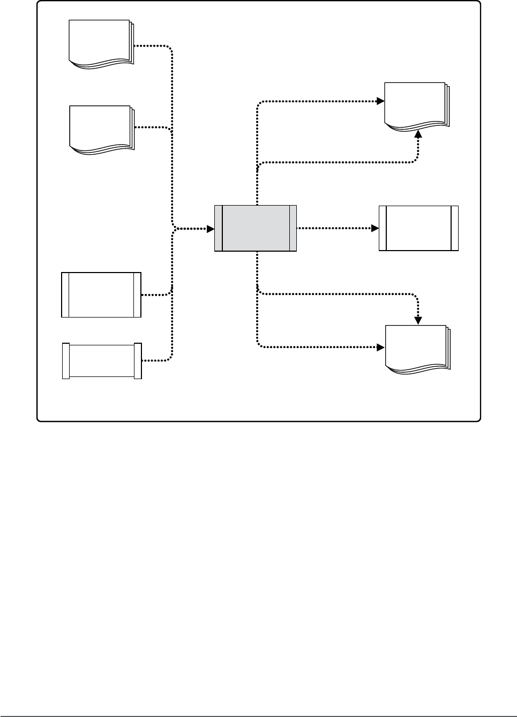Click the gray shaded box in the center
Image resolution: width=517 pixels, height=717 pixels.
pyautogui.click(x=256, y=228)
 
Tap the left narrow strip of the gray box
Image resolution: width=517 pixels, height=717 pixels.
pyautogui.click(x=218, y=228)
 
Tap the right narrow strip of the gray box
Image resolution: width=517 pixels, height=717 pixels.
pyautogui.click(x=293, y=228)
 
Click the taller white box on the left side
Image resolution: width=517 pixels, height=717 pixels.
pyautogui.click(x=101, y=295)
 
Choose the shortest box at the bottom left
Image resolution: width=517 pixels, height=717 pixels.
pyautogui.click(x=102, y=361)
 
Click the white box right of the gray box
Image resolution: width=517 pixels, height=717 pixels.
pyautogui.click(x=418, y=228)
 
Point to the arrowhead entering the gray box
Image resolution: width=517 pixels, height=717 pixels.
pyautogui.click(x=211, y=229)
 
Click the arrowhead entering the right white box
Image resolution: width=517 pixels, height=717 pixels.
pyautogui.click(x=375, y=228)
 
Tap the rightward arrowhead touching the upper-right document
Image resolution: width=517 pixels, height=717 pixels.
pyautogui.click(x=380, y=101)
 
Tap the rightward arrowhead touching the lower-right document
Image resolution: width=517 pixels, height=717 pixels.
pyautogui.click(x=381, y=347)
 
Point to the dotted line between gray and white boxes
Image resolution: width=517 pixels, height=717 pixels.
pyautogui.click(x=335, y=228)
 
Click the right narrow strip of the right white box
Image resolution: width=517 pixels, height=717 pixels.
pyautogui.click(x=455, y=228)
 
